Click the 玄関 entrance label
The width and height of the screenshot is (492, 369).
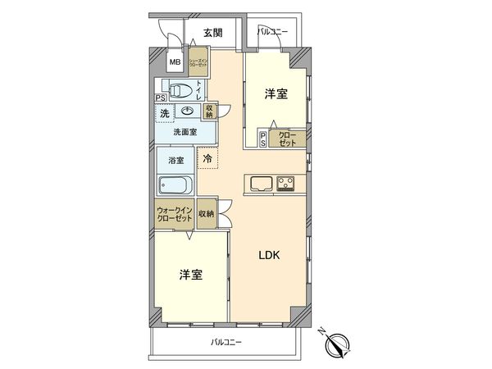[212, 34]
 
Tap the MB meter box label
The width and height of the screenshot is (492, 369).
[175, 62]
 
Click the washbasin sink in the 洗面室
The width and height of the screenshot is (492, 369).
[188, 113]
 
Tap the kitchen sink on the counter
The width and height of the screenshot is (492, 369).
[260, 182]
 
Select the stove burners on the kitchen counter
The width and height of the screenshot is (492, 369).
[286, 182]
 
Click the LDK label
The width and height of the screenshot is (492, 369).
[270, 255]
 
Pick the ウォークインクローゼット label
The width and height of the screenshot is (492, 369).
[174, 214]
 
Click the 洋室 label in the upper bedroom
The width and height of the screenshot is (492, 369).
[276, 94]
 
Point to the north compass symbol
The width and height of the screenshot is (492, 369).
[339, 344]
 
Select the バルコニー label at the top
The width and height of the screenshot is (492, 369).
[272, 32]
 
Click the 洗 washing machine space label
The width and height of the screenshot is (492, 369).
[164, 112]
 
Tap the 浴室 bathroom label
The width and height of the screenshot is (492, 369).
[175, 160]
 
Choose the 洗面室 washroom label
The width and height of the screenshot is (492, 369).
[184, 131]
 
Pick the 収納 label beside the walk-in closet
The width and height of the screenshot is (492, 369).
[206, 213]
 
